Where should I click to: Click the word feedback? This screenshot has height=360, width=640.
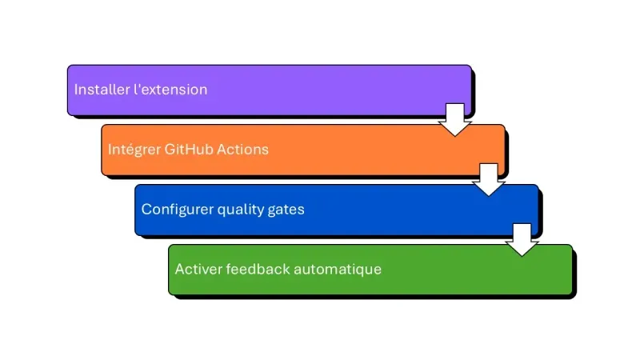(x=258, y=270)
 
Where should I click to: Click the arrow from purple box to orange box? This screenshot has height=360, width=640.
(x=454, y=119)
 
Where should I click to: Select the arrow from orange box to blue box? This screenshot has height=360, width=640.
(x=488, y=179)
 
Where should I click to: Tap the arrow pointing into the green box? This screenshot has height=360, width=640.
(x=522, y=239)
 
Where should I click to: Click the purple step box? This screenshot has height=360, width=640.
(x=320, y=90)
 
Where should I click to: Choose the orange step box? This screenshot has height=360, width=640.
(x=360, y=150)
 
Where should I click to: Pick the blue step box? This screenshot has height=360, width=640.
(x=384, y=210)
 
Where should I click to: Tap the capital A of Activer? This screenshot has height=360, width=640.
(x=179, y=270)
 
